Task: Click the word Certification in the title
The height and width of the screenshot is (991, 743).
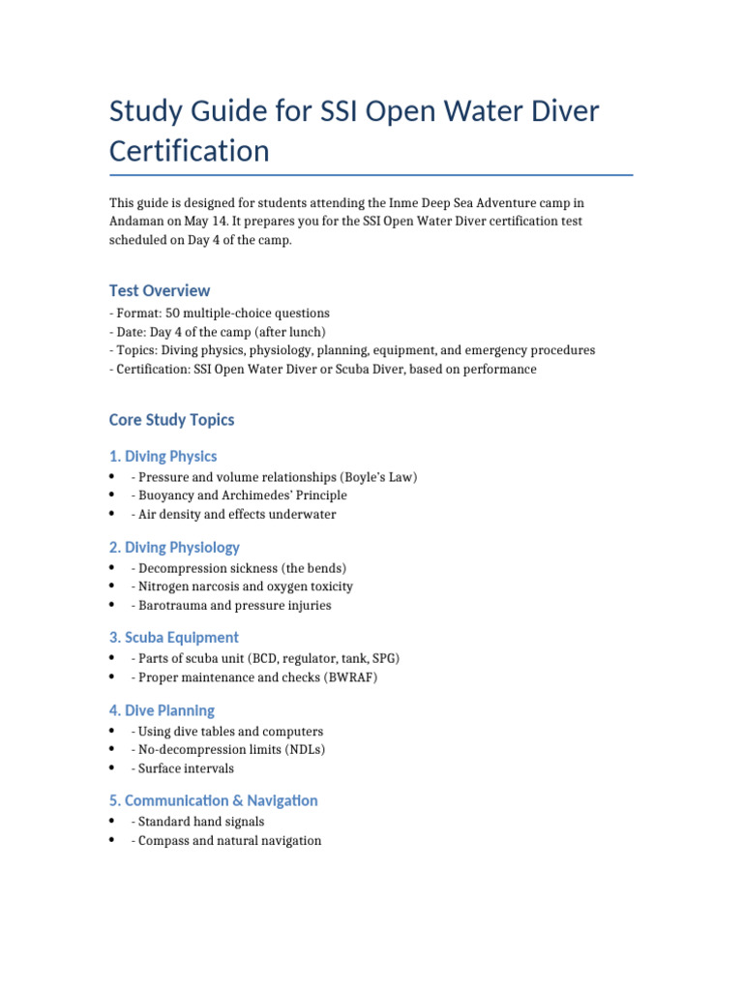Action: (190, 151)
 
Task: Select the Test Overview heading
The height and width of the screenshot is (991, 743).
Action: (160, 290)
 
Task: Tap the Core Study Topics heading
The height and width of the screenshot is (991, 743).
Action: (172, 420)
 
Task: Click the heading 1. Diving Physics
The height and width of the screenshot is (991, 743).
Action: (163, 456)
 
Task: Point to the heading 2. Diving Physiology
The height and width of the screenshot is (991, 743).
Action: (174, 547)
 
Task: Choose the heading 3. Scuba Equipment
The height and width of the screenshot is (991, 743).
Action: (174, 637)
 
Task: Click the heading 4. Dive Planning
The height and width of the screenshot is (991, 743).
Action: (162, 710)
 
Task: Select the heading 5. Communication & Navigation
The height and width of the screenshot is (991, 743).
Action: (214, 800)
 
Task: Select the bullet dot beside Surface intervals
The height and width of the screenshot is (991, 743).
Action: (114, 768)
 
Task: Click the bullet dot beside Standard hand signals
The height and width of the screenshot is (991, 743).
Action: (114, 822)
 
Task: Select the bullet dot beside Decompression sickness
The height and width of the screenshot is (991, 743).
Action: (114, 568)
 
